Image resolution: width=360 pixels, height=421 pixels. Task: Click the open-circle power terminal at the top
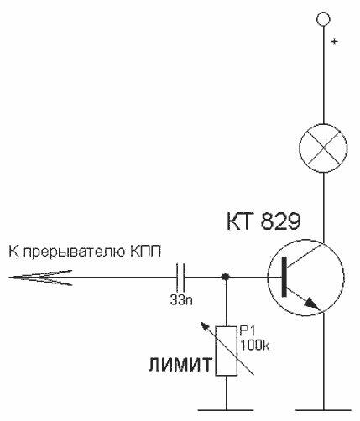323,19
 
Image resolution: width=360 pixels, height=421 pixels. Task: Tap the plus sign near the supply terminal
335,42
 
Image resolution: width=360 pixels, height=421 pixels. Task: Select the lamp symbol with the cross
323,148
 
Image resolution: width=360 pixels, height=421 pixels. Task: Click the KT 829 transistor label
263,221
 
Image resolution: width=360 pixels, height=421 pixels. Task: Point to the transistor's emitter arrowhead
312,304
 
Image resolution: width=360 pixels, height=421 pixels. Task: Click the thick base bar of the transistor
284,277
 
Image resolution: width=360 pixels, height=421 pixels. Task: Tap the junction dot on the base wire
226,277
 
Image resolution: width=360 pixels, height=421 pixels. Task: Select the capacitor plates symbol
180,277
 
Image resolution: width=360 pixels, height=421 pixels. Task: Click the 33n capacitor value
181,300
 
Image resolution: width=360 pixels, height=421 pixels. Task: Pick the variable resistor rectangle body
227,351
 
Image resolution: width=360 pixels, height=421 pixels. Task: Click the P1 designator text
248,331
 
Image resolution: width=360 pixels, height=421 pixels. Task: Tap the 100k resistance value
254,346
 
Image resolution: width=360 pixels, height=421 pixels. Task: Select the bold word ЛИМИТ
180,365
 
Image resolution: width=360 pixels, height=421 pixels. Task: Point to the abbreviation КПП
145,252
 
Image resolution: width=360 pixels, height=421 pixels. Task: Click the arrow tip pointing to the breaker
9,278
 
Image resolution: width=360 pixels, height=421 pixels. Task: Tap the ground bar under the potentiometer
226,410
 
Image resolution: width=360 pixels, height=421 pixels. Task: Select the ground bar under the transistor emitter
323,410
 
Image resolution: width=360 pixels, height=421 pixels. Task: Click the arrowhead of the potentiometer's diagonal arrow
204,326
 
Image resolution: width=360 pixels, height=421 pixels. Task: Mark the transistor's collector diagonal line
305,255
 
